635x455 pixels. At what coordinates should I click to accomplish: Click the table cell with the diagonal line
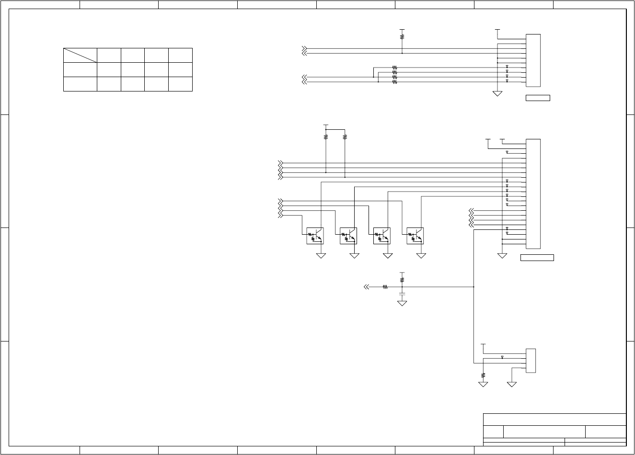(x=80, y=55)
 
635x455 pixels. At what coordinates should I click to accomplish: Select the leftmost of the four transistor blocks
(x=315, y=236)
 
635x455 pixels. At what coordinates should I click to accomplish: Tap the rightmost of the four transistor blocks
(x=415, y=236)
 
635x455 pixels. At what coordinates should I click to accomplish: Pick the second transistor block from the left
(x=348, y=236)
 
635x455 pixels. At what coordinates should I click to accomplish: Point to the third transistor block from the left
(x=381, y=236)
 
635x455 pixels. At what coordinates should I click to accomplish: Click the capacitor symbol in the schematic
(x=402, y=293)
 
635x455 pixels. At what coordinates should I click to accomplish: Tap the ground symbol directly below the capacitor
(x=402, y=303)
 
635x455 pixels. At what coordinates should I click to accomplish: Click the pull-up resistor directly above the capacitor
(x=402, y=278)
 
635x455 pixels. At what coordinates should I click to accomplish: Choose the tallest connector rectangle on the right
(x=533, y=193)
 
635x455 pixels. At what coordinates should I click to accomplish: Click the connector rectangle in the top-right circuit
(x=533, y=60)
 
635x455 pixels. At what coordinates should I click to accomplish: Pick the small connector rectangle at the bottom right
(x=531, y=361)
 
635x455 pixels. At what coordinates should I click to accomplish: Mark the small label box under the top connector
(x=538, y=98)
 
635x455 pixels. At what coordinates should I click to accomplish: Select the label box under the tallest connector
(x=537, y=258)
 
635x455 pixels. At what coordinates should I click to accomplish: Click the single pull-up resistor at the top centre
(x=402, y=35)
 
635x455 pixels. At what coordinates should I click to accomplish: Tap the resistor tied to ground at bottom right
(x=483, y=375)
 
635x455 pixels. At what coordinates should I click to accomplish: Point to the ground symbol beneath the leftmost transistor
(x=321, y=256)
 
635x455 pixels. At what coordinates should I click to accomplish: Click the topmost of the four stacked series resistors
(x=394, y=68)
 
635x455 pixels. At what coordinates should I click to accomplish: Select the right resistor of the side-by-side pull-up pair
(x=345, y=136)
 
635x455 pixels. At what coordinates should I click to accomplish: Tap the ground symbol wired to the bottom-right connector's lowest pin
(x=512, y=384)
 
